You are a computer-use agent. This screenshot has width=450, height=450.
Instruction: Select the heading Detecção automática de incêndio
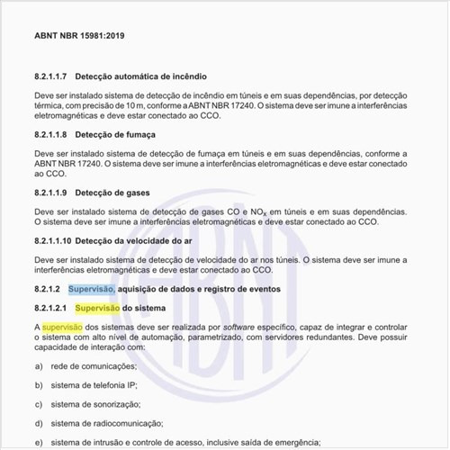(147, 78)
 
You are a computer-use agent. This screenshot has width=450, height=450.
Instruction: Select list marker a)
(39, 366)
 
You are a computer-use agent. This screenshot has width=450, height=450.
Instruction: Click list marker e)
(39, 442)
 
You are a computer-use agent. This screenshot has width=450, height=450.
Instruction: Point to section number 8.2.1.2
(46, 288)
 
